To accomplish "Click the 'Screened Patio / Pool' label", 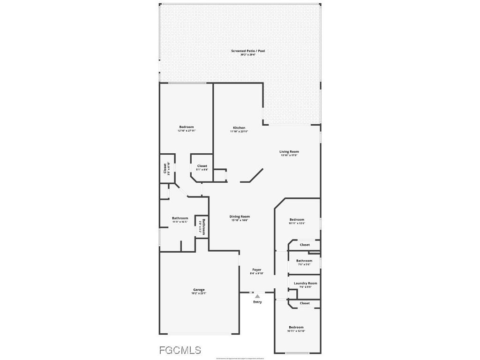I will [x=248, y=51].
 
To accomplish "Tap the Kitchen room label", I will [x=239, y=128].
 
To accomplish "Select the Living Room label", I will [x=289, y=152].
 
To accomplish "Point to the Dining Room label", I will [x=239, y=217].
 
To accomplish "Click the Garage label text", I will [x=199, y=290].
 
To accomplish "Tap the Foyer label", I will [x=257, y=270].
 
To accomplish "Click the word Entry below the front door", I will [x=257, y=302].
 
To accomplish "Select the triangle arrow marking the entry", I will [x=257, y=296].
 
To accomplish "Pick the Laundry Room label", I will [x=305, y=284].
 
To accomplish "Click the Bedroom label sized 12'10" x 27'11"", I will [x=186, y=127].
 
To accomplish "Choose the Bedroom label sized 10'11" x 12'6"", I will [x=297, y=220].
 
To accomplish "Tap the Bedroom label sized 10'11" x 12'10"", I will [x=296, y=328].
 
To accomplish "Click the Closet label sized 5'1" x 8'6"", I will [x=202, y=166].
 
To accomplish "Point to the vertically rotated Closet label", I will [x=165, y=168].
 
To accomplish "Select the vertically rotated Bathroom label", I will [x=203, y=226].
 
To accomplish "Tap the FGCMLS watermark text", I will [x=180, y=350].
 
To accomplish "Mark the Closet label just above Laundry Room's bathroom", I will [x=305, y=245].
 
